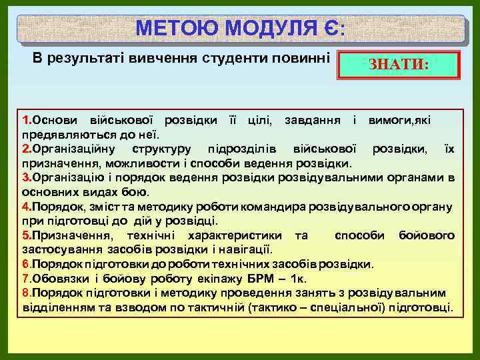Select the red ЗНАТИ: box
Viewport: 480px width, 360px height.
point(399,66)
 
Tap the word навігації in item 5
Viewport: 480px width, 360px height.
point(247,249)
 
